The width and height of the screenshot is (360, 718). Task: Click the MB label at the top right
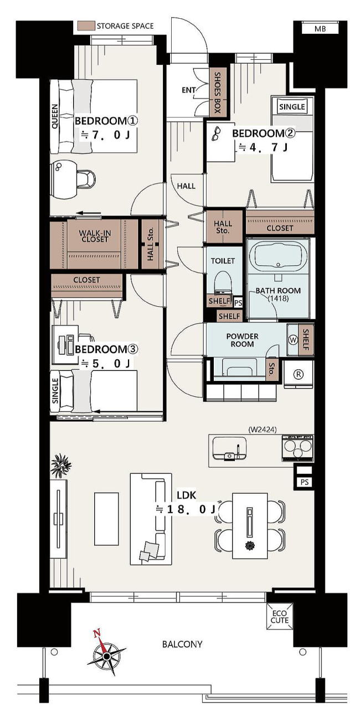320,29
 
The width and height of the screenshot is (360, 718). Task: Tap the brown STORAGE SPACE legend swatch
86,26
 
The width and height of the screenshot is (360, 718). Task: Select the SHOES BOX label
217,92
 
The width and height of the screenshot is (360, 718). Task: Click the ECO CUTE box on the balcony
280,616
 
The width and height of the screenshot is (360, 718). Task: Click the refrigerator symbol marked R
299,374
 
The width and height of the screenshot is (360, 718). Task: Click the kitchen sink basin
229,448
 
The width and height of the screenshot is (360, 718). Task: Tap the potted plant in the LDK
60,465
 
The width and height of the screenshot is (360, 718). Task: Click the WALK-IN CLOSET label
95,236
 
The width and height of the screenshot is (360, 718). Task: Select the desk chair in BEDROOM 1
86,178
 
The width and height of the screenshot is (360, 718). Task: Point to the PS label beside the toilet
238,303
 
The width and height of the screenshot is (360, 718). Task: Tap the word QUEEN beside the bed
55,116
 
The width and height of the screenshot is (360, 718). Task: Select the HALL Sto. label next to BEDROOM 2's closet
223,226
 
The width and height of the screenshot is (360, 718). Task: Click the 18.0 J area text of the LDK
186,510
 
